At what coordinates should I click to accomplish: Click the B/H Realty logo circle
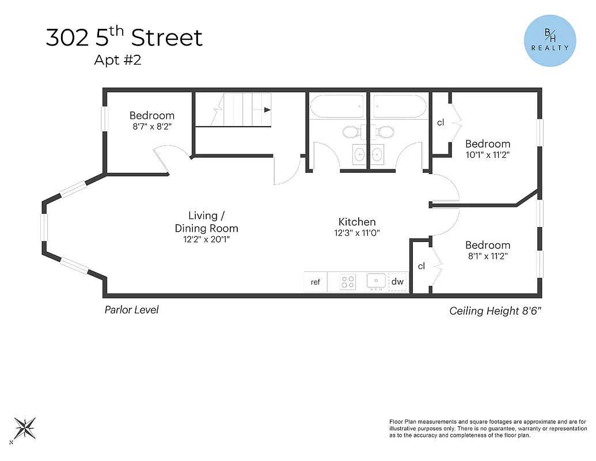(x=549, y=41)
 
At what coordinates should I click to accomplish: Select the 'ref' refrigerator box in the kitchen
(x=316, y=282)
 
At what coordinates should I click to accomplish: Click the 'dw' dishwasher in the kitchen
(x=397, y=282)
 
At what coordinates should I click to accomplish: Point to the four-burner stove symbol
(x=348, y=282)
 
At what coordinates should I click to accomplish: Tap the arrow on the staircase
(x=267, y=109)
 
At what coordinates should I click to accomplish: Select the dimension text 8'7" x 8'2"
(x=152, y=126)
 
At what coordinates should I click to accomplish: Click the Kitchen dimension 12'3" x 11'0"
(x=357, y=233)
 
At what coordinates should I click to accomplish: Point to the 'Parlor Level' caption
(x=131, y=310)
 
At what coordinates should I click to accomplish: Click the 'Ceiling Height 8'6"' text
(x=495, y=311)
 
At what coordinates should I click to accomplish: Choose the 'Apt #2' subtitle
(x=117, y=60)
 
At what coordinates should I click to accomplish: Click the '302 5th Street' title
(x=124, y=38)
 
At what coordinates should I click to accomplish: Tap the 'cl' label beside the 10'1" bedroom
(x=441, y=122)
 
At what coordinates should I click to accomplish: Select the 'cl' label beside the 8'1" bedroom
(x=422, y=266)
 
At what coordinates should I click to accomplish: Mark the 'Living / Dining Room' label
(x=206, y=222)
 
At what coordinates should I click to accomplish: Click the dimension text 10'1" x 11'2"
(x=488, y=154)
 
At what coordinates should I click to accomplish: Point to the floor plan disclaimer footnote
(x=488, y=428)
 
